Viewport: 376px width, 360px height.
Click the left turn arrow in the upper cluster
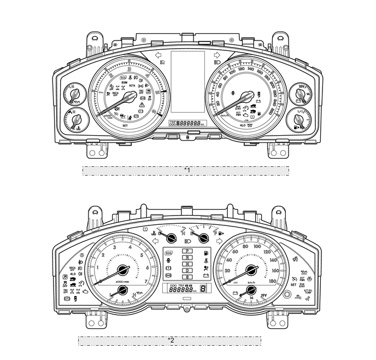pos(158,55)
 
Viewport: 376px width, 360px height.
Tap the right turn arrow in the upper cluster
pos(216,55)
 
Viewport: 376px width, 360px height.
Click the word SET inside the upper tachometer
pos(125,126)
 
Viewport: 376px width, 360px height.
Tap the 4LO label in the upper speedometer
pos(243,125)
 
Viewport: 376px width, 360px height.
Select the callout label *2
pos(171,340)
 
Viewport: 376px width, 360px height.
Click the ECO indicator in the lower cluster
pos(169,253)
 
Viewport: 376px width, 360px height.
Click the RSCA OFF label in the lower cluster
pos(73,269)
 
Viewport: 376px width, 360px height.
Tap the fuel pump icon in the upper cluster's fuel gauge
pos(296,126)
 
